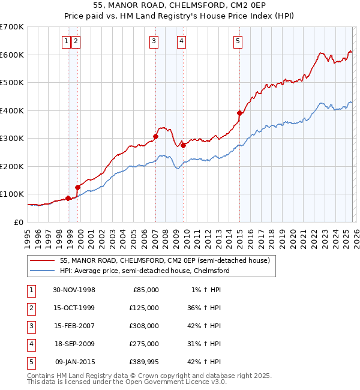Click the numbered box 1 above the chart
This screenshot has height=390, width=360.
[65, 41]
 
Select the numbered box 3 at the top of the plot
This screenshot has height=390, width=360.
[154, 41]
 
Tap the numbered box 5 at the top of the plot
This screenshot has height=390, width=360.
[238, 41]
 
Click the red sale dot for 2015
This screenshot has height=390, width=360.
[239, 113]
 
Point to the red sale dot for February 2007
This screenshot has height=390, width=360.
[155, 136]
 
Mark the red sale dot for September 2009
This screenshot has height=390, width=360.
[183, 145]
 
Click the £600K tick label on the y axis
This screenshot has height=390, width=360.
[11, 55]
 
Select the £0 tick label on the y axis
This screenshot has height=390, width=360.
[19, 222]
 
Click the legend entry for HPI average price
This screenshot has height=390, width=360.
[145, 271]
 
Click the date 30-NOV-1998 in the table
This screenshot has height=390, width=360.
[74, 290]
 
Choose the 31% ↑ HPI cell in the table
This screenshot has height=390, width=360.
[205, 344]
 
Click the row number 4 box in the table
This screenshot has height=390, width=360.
[30, 344]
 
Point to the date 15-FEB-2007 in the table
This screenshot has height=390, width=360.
[74, 326]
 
